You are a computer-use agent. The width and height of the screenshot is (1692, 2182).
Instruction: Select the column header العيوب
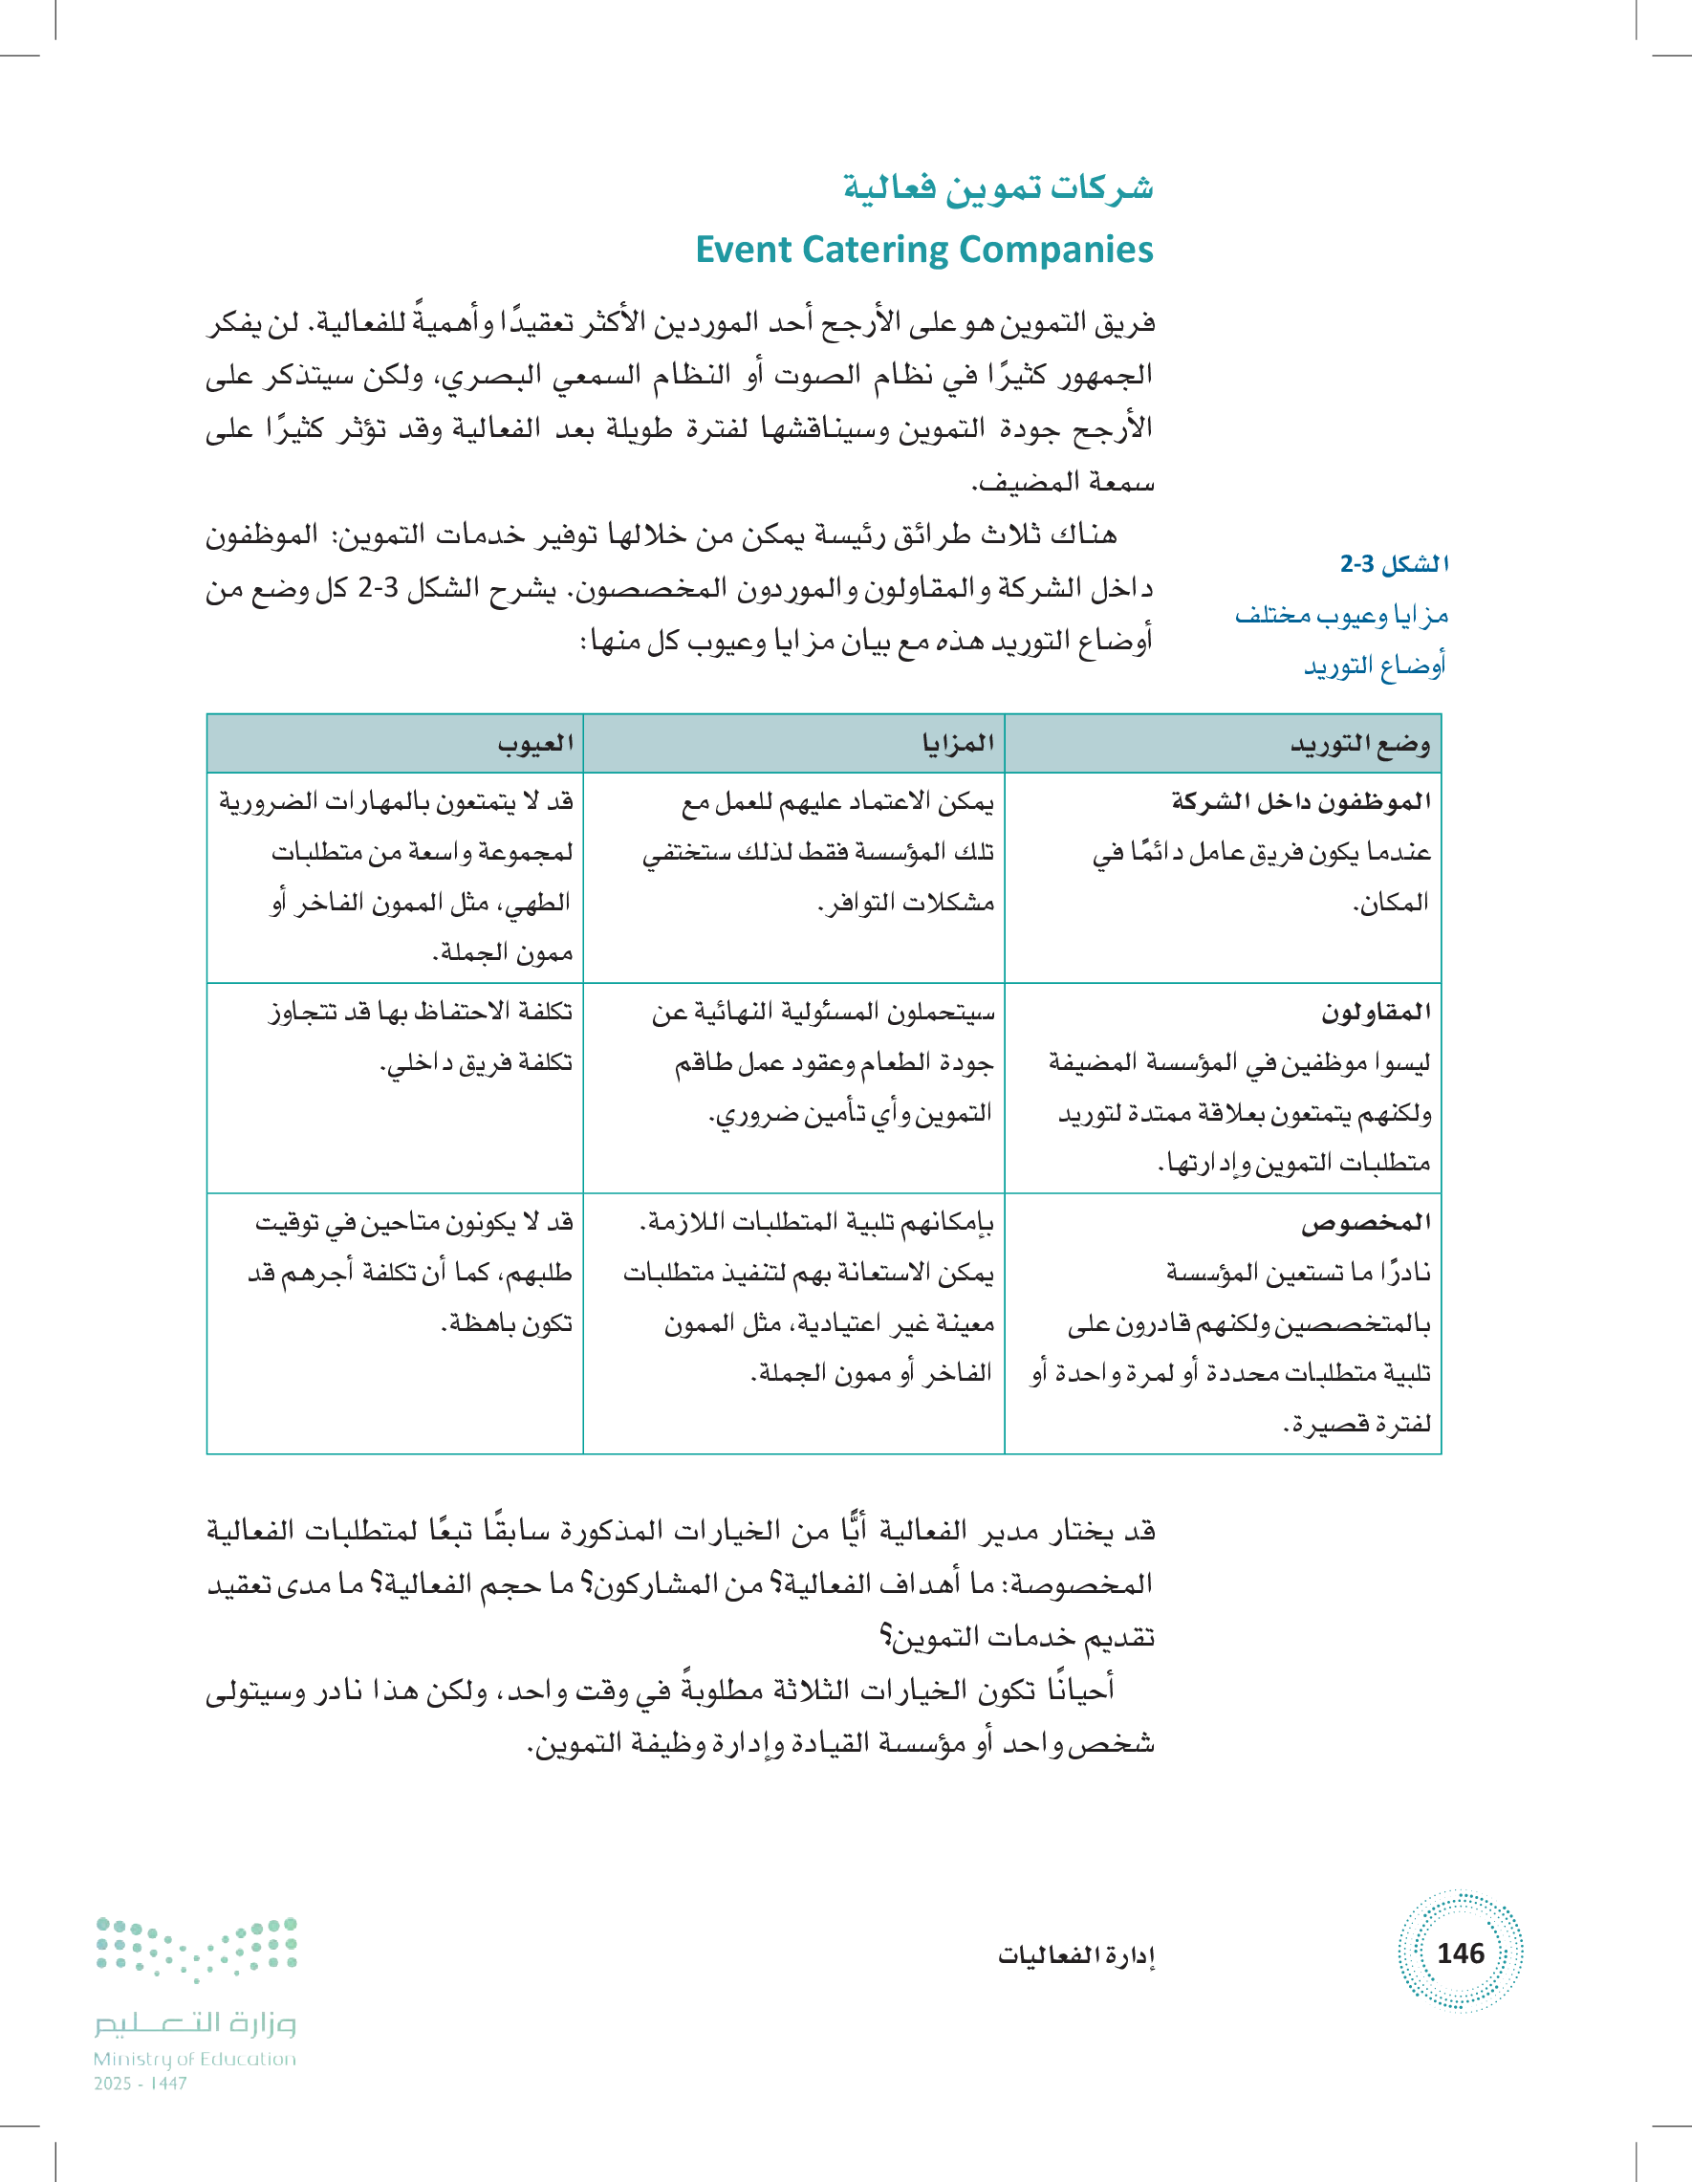[535, 743]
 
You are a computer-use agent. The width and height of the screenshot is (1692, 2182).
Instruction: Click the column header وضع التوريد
[1359, 744]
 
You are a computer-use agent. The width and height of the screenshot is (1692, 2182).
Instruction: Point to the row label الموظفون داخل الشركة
[1300, 801]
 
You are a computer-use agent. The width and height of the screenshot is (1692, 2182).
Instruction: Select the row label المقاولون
[1376, 1012]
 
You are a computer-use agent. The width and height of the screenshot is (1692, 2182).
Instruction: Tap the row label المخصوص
[1365, 1222]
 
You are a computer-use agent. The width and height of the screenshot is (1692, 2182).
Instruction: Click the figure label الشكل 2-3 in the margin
[1394, 564]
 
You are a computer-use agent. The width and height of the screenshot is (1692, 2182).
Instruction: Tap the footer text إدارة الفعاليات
[1075, 1954]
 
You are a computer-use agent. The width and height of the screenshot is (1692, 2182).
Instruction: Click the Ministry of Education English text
[195, 2059]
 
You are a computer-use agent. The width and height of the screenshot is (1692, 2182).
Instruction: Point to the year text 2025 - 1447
[141, 2084]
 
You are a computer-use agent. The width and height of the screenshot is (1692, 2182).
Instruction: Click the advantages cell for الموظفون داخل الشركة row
[819, 852]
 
